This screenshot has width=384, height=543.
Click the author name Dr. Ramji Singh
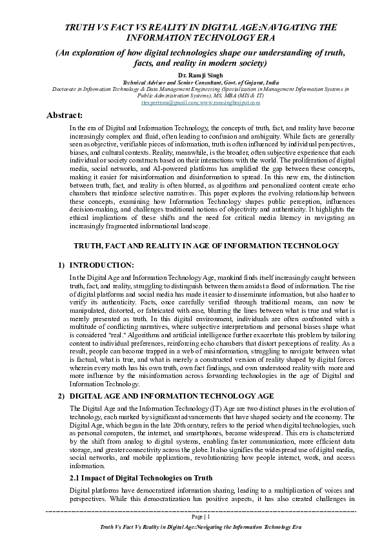(192, 75)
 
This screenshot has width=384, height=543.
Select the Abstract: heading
(46, 115)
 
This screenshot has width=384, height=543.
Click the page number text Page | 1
(192, 517)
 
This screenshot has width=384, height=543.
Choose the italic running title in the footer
(192, 528)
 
